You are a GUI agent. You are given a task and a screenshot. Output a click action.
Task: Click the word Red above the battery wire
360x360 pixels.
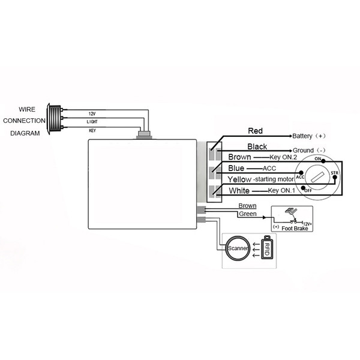coord(255,131)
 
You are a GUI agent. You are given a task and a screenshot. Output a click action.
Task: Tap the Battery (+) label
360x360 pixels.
coord(309,136)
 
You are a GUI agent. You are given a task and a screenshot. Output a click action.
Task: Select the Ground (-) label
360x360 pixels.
coord(309,151)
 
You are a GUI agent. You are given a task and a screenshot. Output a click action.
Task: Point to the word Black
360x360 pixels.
coord(257,146)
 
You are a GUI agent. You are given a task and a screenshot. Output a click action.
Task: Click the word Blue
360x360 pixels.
coord(236,168)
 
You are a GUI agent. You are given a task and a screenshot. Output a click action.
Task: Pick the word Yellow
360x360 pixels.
coord(239,179)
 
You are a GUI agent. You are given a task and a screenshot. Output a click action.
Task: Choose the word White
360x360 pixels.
coord(239,191)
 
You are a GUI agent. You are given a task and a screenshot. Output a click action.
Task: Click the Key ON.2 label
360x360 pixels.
coord(283,157)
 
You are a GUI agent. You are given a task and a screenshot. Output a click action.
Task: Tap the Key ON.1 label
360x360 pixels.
coord(281,191)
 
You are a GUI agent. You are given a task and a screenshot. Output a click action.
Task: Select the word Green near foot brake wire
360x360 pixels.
coord(247,214)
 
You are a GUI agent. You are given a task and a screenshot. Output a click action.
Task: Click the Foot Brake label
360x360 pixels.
coord(295,229)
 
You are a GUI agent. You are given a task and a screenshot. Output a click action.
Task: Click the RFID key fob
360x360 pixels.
coord(267,247)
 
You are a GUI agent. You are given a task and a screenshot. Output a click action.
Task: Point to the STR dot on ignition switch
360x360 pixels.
coord(335,177)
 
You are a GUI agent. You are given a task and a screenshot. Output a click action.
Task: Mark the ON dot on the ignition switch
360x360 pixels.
coord(323,161)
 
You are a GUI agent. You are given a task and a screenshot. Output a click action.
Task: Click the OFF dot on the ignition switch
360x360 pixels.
coord(304,188)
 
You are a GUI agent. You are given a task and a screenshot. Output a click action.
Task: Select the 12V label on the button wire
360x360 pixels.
coord(92,114)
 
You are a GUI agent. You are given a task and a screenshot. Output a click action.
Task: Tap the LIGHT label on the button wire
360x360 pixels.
coord(92,122)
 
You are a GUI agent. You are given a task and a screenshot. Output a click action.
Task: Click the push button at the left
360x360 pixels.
coord(54,119)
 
